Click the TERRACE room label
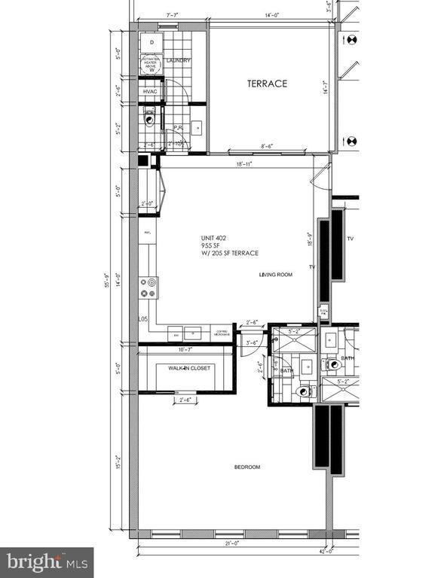point(268,84)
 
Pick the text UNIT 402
point(213,235)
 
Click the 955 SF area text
point(209,244)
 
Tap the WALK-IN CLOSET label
point(190,368)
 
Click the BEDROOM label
point(246,467)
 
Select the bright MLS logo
point(48,561)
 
